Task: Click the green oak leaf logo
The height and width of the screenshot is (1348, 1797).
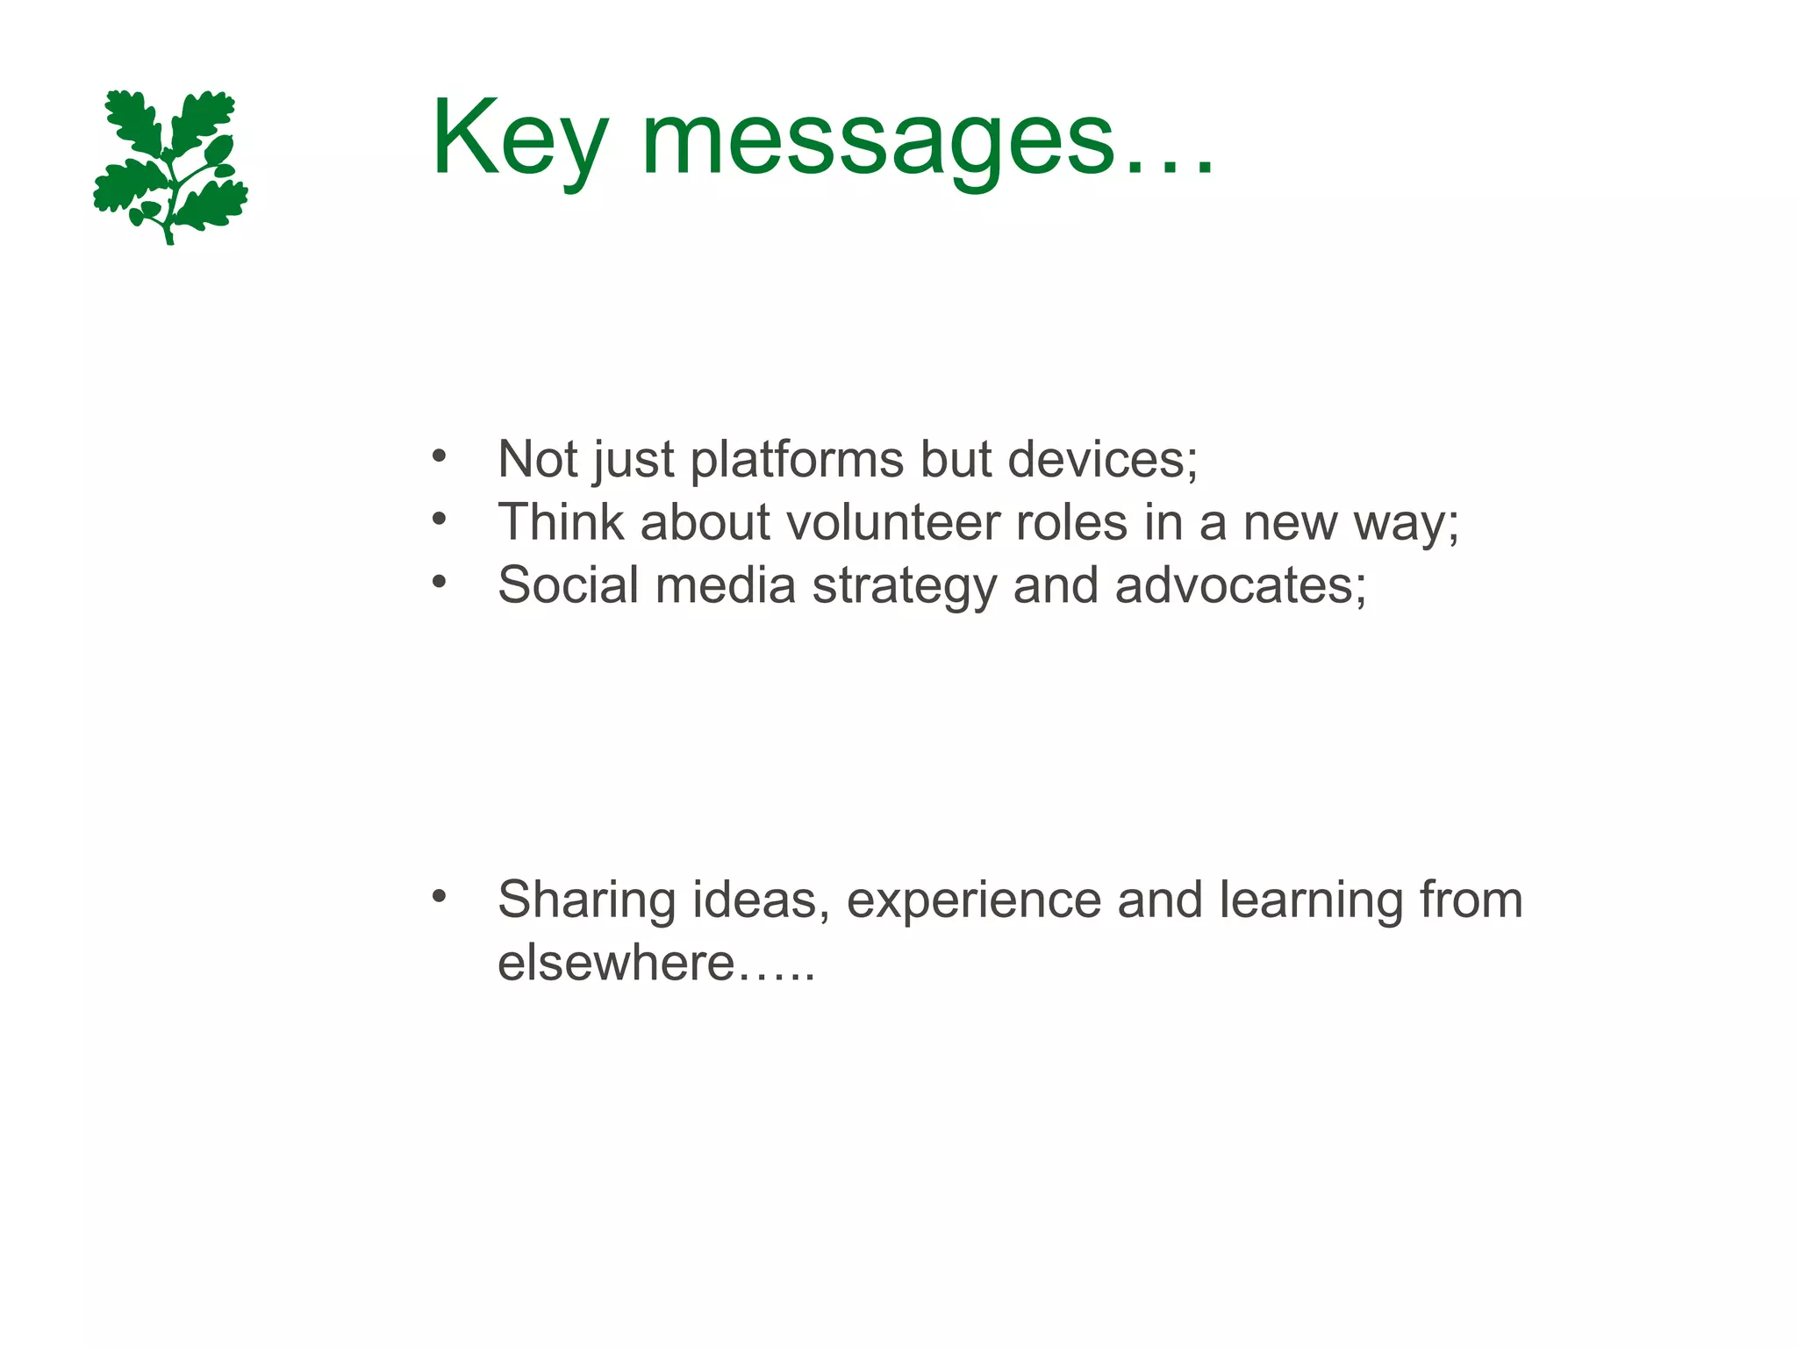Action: point(170,166)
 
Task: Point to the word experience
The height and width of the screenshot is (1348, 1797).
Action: point(973,901)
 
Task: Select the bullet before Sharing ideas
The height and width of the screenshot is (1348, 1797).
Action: point(440,897)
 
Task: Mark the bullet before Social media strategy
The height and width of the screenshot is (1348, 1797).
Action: point(440,581)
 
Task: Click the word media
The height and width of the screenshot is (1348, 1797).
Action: point(725,585)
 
